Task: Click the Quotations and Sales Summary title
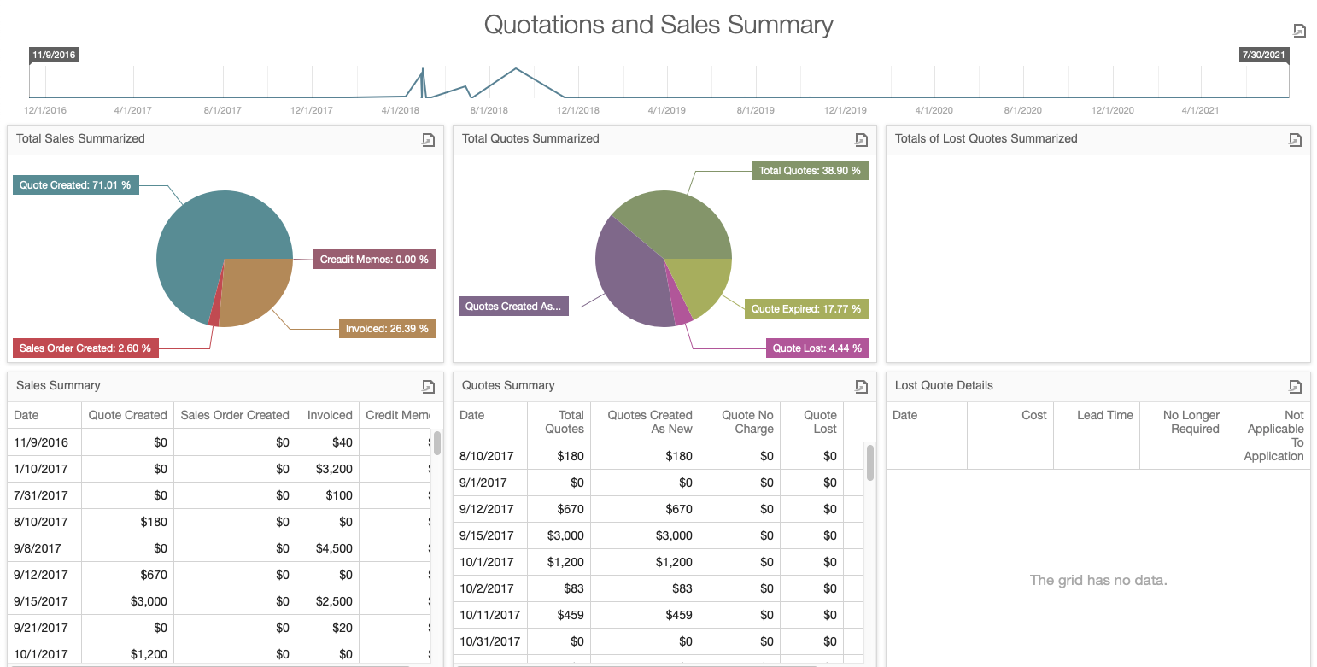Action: click(658, 25)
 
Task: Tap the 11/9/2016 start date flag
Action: click(54, 55)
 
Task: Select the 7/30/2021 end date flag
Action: click(1263, 55)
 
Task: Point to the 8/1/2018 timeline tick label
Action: click(489, 110)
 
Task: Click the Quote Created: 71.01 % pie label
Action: click(76, 184)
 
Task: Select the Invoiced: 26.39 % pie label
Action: click(387, 328)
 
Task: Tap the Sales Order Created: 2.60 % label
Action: click(85, 348)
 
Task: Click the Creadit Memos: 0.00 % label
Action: click(374, 259)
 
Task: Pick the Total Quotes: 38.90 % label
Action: click(810, 171)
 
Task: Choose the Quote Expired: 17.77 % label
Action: click(806, 308)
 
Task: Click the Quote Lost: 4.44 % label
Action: click(817, 348)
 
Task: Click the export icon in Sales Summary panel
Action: click(429, 386)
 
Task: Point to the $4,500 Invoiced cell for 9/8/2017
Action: click(334, 548)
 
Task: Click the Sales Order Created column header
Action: click(235, 415)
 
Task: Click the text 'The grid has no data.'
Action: click(1097, 580)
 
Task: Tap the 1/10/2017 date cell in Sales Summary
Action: click(41, 469)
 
